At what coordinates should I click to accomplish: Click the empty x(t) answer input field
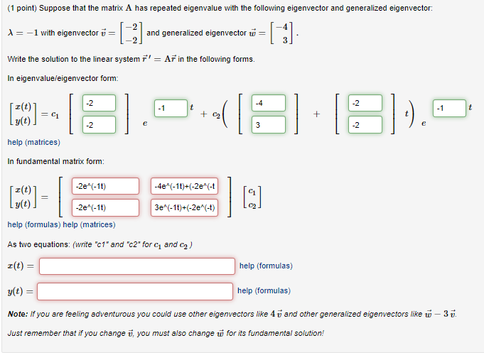point(136,266)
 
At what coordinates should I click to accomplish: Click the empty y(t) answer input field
point(135,291)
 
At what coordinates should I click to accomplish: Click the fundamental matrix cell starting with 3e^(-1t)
point(185,207)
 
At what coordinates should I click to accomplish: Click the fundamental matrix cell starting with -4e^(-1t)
point(185,186)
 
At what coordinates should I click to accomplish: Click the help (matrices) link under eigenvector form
point(33,142)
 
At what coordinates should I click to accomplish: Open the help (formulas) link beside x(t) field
point(266,266)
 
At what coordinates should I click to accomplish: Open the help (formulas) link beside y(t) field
point(264,290)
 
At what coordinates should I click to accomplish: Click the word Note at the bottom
point(17,313)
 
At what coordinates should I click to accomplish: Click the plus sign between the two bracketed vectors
point(316,114)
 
